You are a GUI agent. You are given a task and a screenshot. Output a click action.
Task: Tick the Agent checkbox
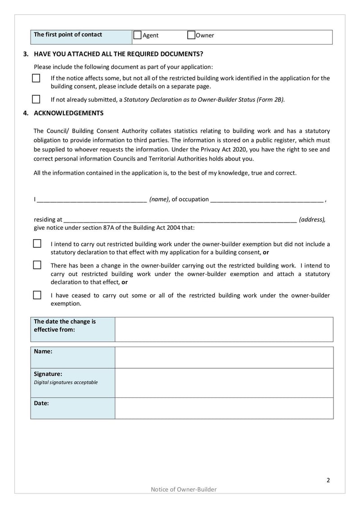(138, 35)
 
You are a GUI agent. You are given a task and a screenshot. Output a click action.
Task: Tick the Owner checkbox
(191, 35)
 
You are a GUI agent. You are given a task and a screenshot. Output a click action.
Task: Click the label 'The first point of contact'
(68, 35)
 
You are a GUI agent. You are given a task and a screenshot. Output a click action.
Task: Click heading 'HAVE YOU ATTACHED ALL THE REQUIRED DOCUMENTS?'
(118, 54)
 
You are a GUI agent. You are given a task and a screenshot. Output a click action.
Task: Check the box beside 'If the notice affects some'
(36, 78)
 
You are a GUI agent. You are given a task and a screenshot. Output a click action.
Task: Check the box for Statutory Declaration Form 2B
(36, 99)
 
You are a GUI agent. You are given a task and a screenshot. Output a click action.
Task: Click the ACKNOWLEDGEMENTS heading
(68, 113)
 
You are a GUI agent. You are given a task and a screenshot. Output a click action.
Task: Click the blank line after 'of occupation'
(266, 199)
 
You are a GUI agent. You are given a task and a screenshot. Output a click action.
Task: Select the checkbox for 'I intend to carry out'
(37, 244)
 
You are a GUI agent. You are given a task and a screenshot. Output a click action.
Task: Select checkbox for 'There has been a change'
(37, 265)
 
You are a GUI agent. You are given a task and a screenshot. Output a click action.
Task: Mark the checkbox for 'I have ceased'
(37, 295)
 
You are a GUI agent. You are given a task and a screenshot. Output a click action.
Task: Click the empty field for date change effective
(224, 329)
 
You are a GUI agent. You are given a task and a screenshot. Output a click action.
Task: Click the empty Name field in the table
(224, 357)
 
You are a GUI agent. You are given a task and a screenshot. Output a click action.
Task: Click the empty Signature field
(224, 383)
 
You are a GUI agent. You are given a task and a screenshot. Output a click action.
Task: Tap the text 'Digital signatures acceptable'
(66, 383)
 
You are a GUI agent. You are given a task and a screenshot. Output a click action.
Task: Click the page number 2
(328, 480)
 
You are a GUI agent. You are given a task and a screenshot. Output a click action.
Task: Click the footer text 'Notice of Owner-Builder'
(184, 490)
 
